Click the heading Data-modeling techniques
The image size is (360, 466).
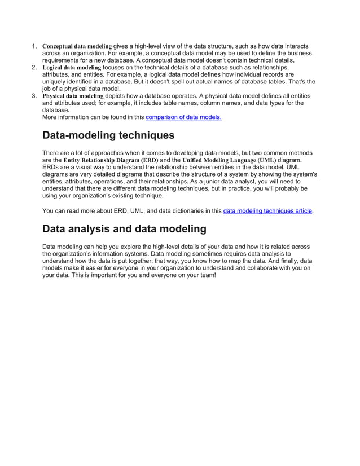click(108, 135)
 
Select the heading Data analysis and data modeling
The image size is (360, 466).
click(124, 229)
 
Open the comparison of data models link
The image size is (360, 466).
click(183, 117)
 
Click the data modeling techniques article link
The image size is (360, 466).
click(267, 211)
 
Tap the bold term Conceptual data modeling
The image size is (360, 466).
click(77, 46)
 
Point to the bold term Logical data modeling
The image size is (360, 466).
click(72, 67)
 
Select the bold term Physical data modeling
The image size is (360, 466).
click(73, 96)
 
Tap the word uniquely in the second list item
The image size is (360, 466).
click(55, 82)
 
